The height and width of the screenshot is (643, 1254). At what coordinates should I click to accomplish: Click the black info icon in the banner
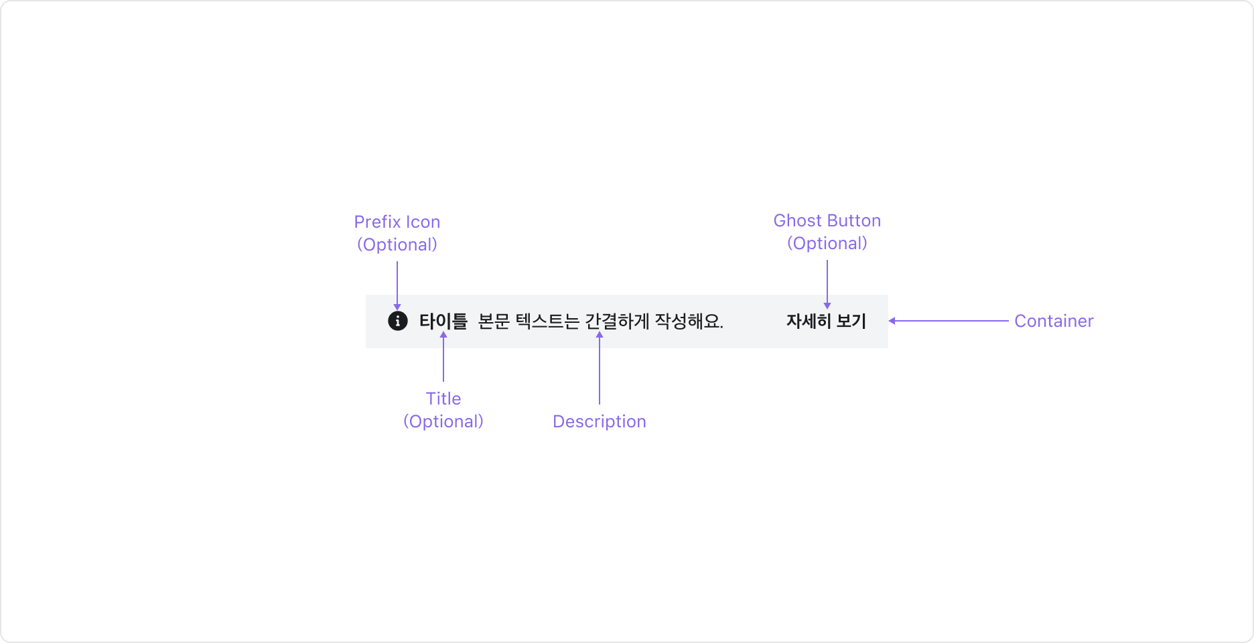pyautogui.click(x=397, y=321)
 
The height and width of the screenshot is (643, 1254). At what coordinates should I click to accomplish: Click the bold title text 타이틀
pyautogui.click(x=443, y=321)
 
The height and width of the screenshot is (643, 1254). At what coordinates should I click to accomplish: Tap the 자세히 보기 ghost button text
pyautogui.click(x=826, y=321)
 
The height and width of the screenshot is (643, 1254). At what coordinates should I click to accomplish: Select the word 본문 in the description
pyautogui.click(x=494, y=321)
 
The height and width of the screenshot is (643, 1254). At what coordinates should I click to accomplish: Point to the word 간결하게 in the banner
pyautogui.click(x=617, y=321)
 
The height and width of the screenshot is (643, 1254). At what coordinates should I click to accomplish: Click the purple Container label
pyautogui.click(x=1054, y=321)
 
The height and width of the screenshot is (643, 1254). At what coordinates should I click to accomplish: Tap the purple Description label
pyautogui.click(x=600, y=421)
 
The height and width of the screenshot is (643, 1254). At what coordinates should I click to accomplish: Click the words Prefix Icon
pyautogui.click(x=397, y=222)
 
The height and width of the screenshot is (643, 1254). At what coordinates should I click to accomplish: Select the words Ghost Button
pyautogui.click(x=827, y=220)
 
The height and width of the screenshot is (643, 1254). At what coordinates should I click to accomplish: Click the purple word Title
pyautogui.click(x=443, y=399)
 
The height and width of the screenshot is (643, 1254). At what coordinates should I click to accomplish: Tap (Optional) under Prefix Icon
pyautogui.click(x=397, y=244)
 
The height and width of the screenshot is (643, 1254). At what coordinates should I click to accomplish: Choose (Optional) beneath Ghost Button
pyautogui.click(x=827, y=243)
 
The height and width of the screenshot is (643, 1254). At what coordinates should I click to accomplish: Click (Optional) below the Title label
pyautogui.click(x=443, y=421)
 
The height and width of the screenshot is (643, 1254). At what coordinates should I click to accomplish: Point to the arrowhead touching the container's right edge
pyautogui.click(x=892, y=321)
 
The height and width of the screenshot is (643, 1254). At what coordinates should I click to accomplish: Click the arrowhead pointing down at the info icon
pyautogui.click(x=397, y=306)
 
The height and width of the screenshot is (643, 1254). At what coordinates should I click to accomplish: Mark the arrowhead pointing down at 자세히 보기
pyautogui.click(x=827, y=305)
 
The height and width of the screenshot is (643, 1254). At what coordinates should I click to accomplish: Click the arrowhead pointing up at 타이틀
pyautogui.click(x=443, y=335)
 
